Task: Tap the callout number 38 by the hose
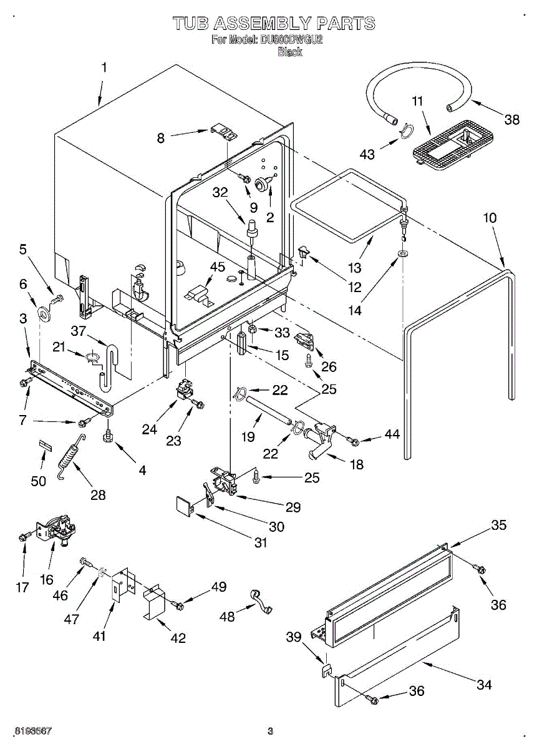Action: tap(511, 119)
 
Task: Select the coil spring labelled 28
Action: tap(72, 456)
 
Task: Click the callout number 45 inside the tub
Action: tap(217, 267)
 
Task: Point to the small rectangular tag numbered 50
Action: tap(46, 446)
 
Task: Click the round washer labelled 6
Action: tap(43, 313)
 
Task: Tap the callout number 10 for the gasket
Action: tap(490, 218)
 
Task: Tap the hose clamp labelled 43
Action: tap(406, 130)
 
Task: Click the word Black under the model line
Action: tap(290, 52)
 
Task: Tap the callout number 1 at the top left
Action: tap(104, 67)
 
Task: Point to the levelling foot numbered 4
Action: tap(108, 436)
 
